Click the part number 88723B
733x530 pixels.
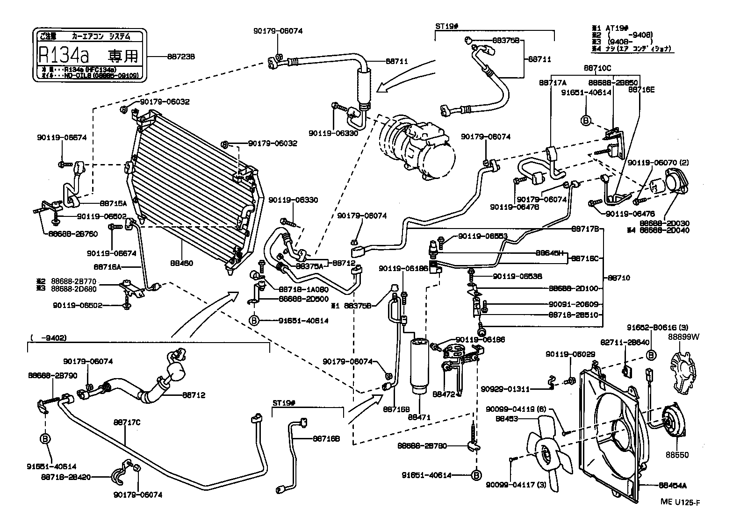(x=180, y=57)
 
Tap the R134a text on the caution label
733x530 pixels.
(x=63, y=56)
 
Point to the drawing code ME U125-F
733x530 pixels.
(x=680, y=502)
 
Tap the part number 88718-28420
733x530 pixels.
(x=65, y=477)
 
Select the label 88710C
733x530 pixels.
(x=597, y=68)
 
